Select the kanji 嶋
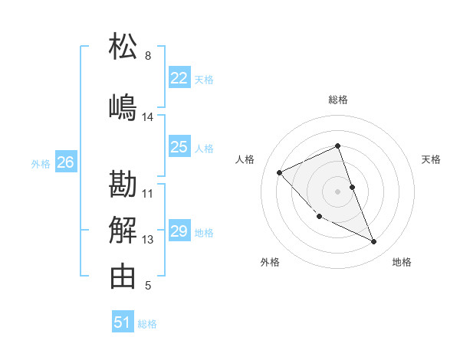click(123, 107)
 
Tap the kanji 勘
click(123, 185)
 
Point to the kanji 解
click(123, 231)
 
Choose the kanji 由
click(123, 277)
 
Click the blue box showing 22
click(179, 78)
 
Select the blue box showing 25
click(179, 148)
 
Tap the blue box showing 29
click(179, 231)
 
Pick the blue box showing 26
click(65, 162)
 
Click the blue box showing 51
click(123, 322)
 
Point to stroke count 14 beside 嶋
click(148, 117)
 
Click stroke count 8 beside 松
click(148, 56)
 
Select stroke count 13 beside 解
click(148, 240)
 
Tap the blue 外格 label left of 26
click(41, 163)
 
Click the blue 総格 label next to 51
click(147, 324)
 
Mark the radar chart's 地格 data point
click(373, 242)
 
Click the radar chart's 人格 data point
click(280, 172)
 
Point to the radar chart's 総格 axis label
click(338, 100)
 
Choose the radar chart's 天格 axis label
click(431, 159)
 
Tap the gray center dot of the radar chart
click(338, 191)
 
